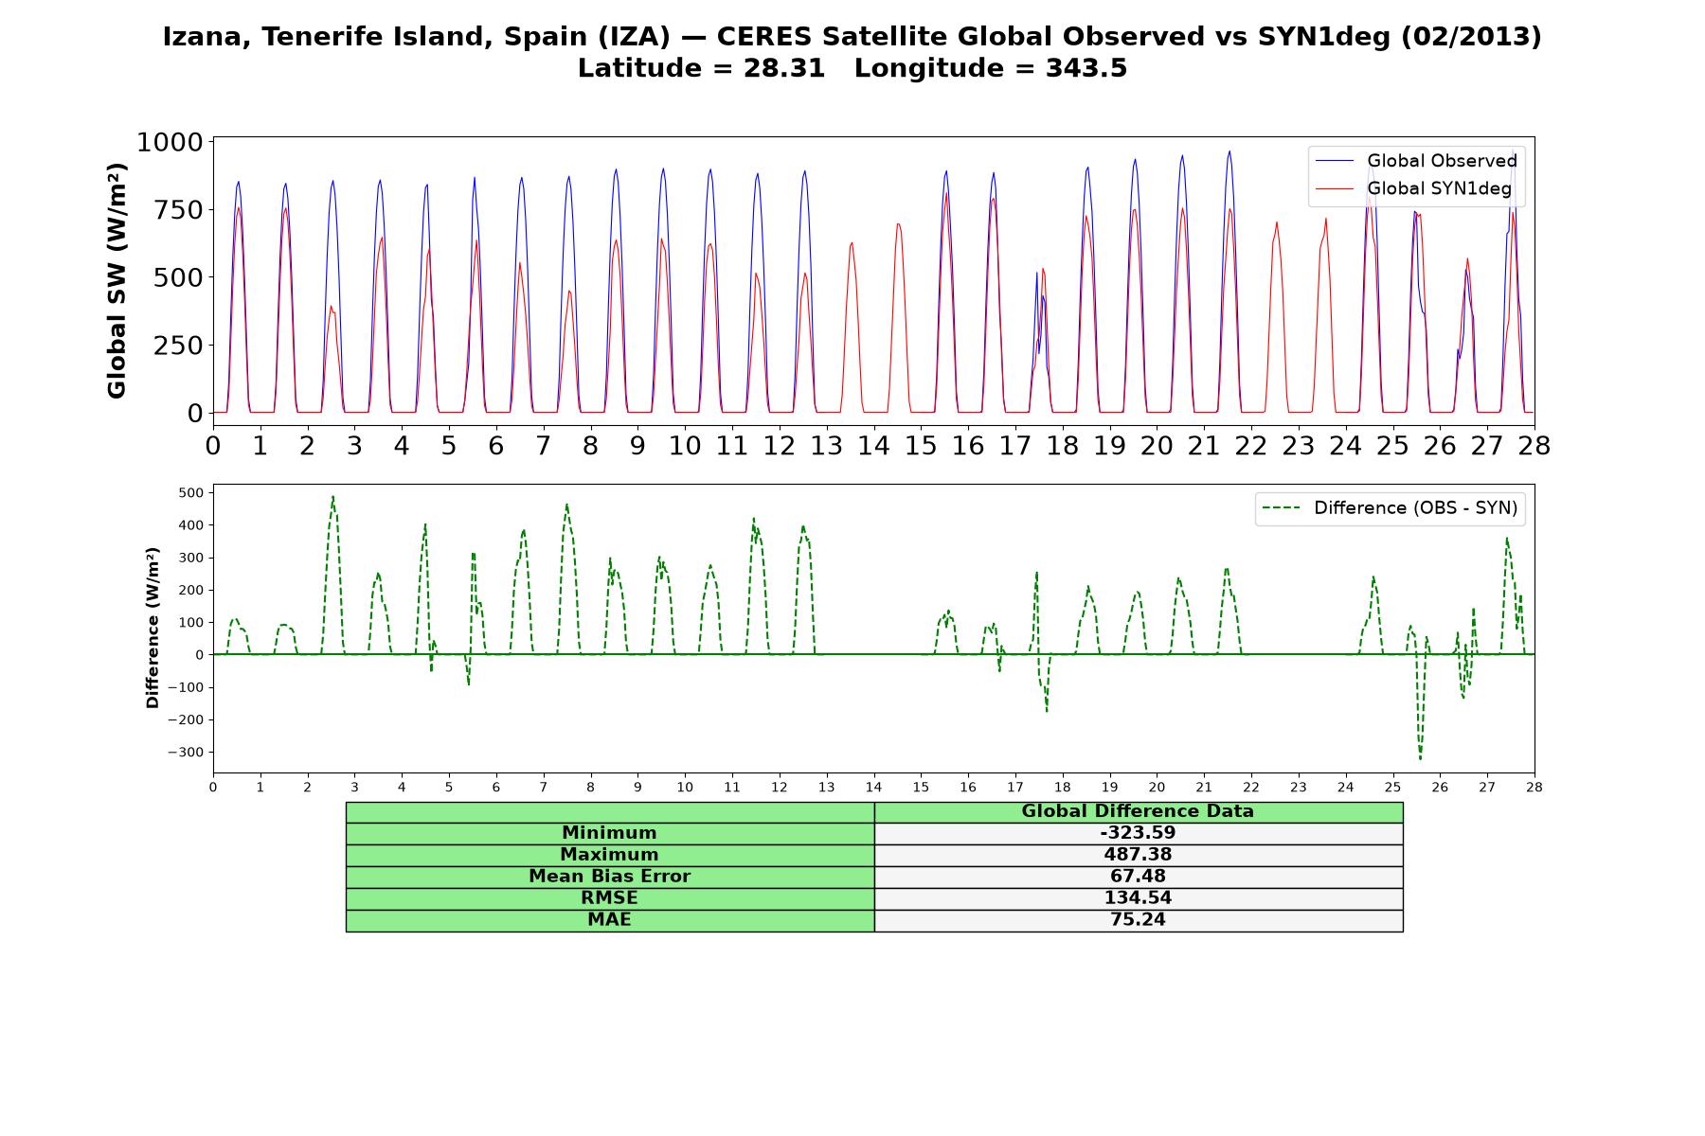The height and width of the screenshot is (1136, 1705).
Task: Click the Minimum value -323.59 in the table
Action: coord(1138,833)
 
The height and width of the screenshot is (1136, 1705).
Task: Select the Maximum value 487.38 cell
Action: coord(1138,855)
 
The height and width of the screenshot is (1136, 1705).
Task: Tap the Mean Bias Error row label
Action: coord(609,877)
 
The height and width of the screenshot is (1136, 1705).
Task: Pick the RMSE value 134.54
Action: coord(1138,898)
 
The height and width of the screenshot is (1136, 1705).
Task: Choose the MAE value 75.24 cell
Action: coord(1138,920)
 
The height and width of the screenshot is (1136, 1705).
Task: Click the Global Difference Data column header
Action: coord(1138,811)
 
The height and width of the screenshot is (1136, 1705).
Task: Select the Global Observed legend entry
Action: coord(1417,161)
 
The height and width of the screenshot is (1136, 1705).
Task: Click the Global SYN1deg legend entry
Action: coord(1414,189)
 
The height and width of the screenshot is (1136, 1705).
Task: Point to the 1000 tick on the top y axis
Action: coord(170,142)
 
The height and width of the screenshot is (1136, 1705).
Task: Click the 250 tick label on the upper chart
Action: coord(179,346)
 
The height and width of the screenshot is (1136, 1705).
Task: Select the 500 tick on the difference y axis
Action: coord(191,493)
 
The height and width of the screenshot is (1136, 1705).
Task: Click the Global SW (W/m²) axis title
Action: coord(117,280)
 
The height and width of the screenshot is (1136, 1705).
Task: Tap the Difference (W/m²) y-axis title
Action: coord(153,628)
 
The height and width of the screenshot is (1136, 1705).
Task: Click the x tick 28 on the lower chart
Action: coord(1534,787)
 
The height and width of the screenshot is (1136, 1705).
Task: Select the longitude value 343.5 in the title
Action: coord(1086,68)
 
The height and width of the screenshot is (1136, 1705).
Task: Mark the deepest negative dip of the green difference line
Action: coord(1420,758)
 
